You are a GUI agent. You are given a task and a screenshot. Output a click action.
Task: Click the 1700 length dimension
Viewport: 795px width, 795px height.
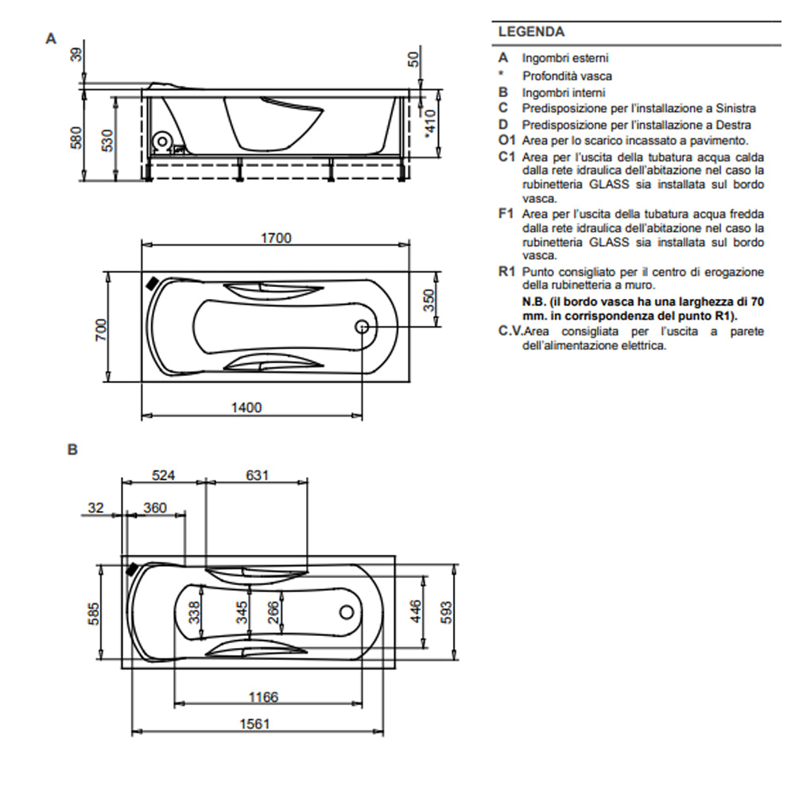click(276, 237)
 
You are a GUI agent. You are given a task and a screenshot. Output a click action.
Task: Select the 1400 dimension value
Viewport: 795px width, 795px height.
click(246, 407)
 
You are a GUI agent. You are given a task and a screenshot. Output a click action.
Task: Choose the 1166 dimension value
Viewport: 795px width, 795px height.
click(263, 696)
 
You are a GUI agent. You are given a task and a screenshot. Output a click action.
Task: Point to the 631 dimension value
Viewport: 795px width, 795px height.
click(257, 475)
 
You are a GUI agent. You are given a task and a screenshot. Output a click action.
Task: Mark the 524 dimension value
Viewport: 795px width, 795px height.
click(163, 475)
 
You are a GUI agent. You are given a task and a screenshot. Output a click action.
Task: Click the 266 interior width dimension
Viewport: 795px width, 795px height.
click(273, 612)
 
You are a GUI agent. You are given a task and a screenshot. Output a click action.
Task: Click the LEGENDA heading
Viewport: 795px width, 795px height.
click(531, 33)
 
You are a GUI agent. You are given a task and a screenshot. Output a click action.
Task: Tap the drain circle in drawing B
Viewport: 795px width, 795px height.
click(347, 612)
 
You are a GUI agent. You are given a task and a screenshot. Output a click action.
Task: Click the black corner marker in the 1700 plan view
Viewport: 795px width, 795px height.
click(151, 282)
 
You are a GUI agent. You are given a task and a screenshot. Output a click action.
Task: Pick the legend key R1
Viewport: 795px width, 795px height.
click(507, 272)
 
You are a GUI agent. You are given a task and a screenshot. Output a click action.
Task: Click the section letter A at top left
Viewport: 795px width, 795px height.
click(51, 37)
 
